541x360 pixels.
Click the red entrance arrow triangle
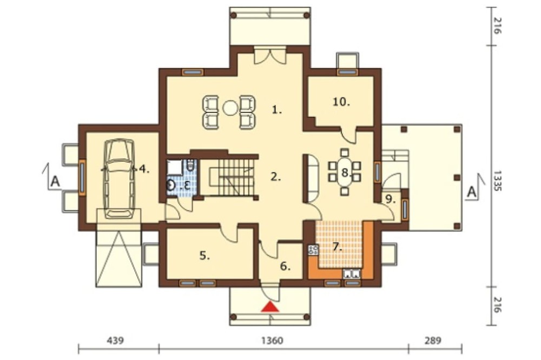[270, 306]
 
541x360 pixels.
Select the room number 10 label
[341, 102]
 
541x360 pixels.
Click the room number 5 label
[204, 256]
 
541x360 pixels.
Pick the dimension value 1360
[272, 341]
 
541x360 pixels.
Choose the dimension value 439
[115, 341]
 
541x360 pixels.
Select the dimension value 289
[433, 341]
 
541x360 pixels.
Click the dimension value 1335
[497, 180]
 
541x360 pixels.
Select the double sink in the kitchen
[351, 274]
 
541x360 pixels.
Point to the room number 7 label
[337, 247]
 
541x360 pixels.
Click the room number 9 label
[390, 199]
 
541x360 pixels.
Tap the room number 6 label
[285, 266]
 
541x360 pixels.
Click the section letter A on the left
[55, 182]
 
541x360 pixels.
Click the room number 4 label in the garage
[144, 169]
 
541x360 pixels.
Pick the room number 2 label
[276, 177]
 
